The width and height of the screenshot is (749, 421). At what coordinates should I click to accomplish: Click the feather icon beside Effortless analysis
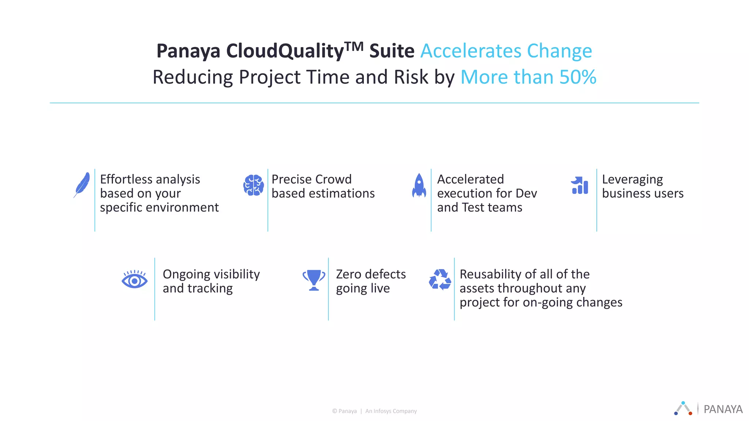(x=82, y=184)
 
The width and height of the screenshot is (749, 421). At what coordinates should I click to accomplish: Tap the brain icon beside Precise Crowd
(x=253, y=185)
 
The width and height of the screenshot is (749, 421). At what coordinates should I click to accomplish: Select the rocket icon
(x=419, y=185)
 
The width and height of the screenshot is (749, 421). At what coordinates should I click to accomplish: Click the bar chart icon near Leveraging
(x=580, y=185)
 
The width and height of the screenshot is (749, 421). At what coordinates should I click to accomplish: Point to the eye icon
(x=135, y=280)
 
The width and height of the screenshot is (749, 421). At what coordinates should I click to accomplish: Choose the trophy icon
(x=314, y=280)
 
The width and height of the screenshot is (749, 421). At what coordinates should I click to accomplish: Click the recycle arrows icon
(x=440, y=280)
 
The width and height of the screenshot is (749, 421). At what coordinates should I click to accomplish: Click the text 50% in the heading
(x=578, y=77)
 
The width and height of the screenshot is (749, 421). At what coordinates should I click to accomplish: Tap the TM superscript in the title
(x=354, y=46)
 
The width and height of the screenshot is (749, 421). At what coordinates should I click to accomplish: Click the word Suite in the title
(x=392, y=51)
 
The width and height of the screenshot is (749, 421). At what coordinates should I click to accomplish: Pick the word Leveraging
(x=632, y=180)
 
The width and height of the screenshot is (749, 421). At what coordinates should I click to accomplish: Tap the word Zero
(x=349, y=274)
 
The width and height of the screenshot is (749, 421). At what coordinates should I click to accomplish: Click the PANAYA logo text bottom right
(x=723, y=409)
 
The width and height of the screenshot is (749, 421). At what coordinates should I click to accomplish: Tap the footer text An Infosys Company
(x=391, y=411)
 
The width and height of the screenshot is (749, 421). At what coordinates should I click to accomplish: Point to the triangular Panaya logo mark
(x=683, y=408)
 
